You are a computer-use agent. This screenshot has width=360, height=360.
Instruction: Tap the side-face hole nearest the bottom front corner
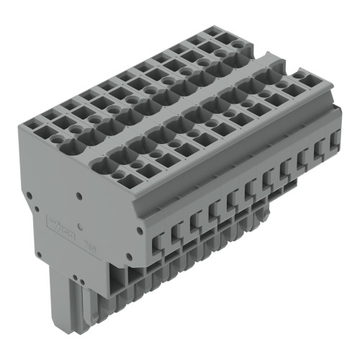click(129, 256)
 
